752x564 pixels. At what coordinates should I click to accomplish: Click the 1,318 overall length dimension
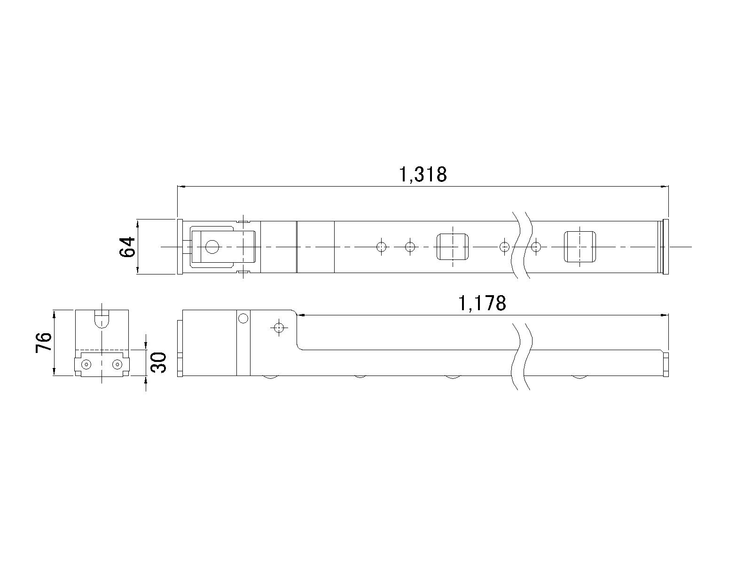coord(423,175)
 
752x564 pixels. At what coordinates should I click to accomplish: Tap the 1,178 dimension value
coord(482,304)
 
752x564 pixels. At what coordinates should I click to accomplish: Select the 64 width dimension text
coord(127,247)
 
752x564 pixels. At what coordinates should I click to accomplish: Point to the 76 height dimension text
coord(44,342)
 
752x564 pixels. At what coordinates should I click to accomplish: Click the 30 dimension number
coord(159,363)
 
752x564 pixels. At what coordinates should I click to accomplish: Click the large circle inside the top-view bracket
coord(212,247)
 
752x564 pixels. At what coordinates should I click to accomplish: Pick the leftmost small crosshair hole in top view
coord(381,247)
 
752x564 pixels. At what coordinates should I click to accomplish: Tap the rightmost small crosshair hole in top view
coord(536,247)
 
